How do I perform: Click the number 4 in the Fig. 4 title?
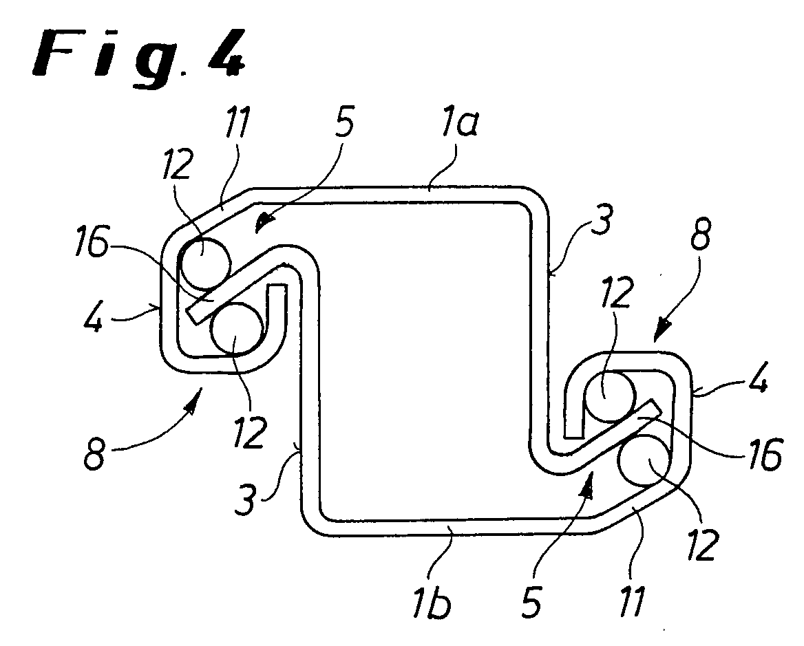click(226, 53)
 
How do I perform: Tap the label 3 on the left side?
click(245, 499)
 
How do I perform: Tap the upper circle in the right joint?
click(610, 396)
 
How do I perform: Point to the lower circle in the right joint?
click(645, 460)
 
